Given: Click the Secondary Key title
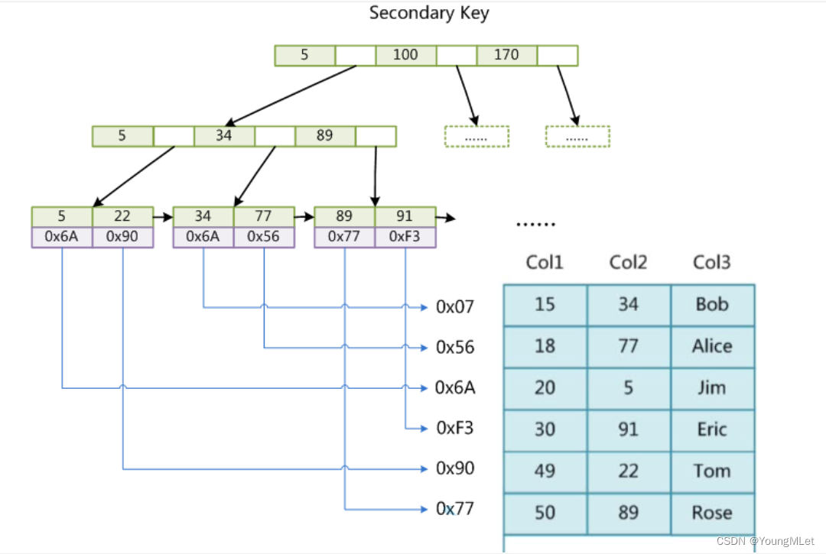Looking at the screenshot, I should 428,13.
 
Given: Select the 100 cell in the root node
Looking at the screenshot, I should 405,55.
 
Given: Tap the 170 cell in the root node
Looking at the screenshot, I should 506,55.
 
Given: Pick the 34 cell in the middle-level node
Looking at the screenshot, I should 223,136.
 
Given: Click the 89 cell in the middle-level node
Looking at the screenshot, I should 324,136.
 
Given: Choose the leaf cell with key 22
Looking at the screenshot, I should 122,216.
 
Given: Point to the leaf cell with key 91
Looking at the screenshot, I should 405,216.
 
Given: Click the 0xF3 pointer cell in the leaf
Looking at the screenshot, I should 405,237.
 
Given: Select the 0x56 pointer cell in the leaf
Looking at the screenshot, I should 263,237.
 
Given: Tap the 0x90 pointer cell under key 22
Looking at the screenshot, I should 122,237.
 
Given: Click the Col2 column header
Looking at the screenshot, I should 628,263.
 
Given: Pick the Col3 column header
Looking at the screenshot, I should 711,263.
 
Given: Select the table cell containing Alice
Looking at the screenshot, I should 712,346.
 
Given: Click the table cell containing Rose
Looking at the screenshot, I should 712,513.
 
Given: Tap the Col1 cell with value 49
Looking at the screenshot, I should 545,471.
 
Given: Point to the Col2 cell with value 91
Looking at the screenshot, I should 628,429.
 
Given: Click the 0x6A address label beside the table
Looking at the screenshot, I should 455,388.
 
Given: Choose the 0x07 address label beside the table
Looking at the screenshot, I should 455,307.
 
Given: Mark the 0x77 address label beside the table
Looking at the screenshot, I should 455,508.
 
